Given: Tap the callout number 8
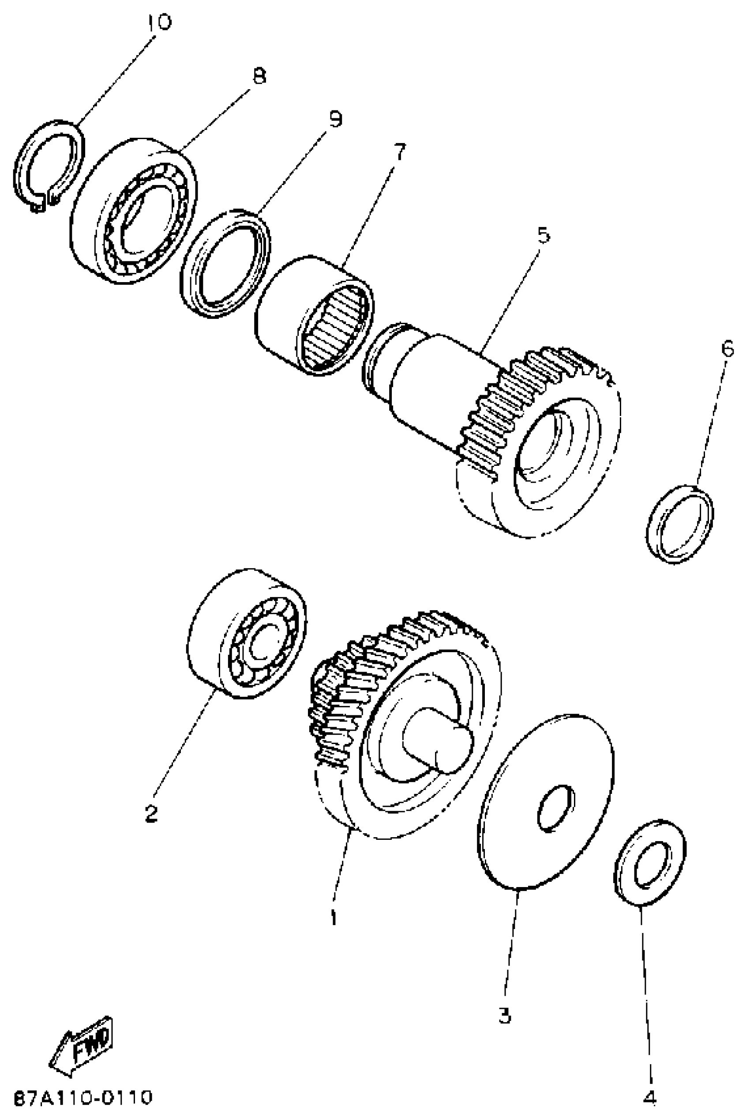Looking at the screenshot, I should pyautogui.click(x=259, y=76).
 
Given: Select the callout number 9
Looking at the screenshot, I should pyautogui.click(x=335, y=119).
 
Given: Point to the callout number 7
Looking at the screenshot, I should pyautogui.click(x=398, y=152).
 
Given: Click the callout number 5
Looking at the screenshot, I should pyautogui.click(x=544, y=235).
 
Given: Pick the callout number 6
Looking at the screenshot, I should pyautogui.click(x=727, y=350).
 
